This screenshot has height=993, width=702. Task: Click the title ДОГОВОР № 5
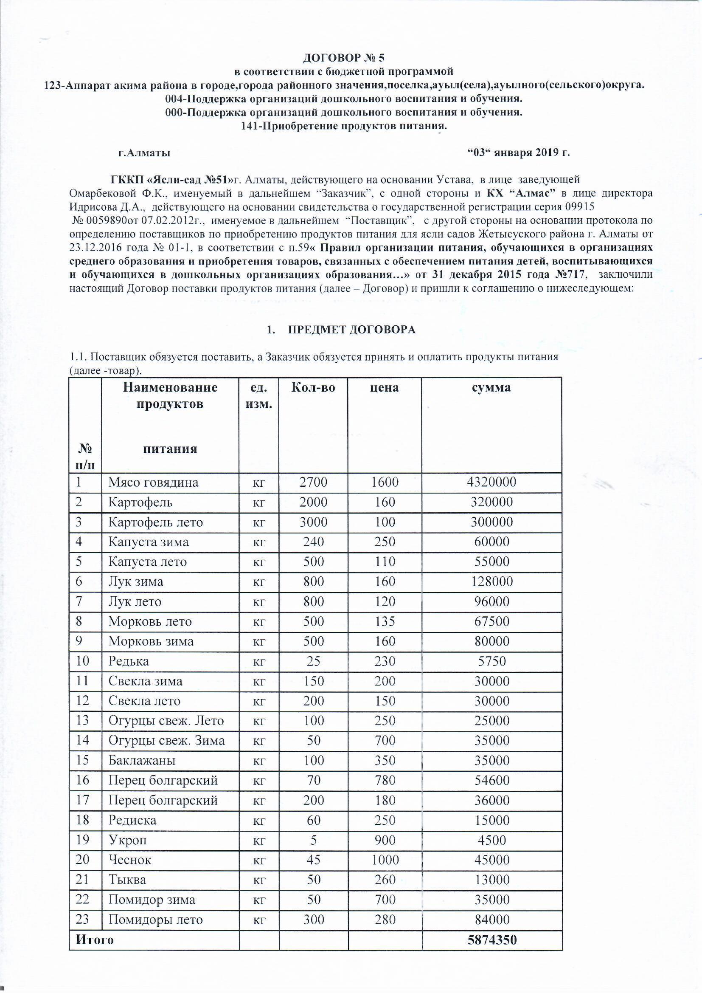pos(343,58)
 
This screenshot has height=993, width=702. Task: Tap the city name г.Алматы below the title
pos(144,152)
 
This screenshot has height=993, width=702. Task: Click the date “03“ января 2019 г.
pos(519,152)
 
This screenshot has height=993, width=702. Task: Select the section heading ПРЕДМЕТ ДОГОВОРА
pos(351,330)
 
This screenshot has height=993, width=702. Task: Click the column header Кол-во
pos(313,387)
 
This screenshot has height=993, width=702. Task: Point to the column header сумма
pos(491,387)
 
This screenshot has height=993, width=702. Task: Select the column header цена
pos(384,387)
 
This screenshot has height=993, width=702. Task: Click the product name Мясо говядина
pos(154,482)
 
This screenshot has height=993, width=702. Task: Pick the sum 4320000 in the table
pos(491,482)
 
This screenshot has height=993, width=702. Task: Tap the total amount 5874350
pos(492,940)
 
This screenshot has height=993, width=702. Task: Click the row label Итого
pos(95,940)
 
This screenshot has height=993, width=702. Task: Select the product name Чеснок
pos(130,859)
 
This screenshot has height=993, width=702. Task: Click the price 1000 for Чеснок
pos(384,859)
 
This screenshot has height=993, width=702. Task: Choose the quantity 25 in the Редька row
pos(313,661)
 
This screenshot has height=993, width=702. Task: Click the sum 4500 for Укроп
pos(491,840)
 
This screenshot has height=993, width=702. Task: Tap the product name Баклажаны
pos(142,760)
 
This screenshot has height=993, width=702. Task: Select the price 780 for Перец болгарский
pos(384,780)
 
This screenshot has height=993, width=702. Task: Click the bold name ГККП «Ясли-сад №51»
pos(171,179)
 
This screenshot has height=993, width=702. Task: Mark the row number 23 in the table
pos(82,919)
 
